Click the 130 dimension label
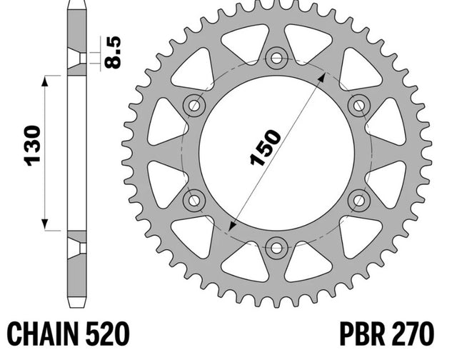click(x=33, y=146)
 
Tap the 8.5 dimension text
click(x=113, y=52)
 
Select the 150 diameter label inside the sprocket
click(x=266, y=147)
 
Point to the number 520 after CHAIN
click(x=108, y=334)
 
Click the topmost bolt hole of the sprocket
click(x=276, y=58)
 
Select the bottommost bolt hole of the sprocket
click(x=276, y=249)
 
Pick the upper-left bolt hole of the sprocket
click(x=194, y=106)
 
